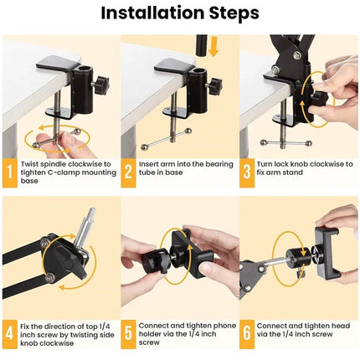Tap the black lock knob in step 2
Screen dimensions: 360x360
coord(213,83)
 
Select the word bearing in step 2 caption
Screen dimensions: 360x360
coord(203,164)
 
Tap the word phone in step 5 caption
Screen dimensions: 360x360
coord(210,324)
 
